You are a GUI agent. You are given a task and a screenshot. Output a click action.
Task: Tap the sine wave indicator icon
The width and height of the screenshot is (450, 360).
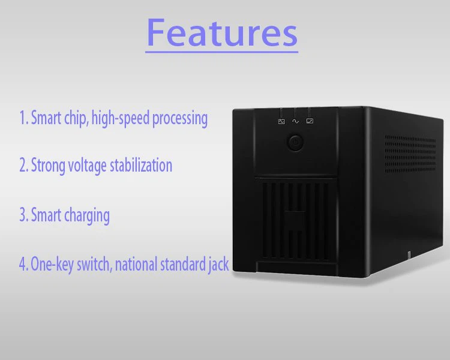[295, 121]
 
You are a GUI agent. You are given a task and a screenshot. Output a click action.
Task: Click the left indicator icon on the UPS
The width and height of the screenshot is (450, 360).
[281, 121]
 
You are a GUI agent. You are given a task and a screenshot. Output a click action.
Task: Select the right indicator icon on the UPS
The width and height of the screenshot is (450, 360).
[310, 121]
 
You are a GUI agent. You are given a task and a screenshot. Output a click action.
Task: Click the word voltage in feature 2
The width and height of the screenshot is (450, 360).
[88, 166]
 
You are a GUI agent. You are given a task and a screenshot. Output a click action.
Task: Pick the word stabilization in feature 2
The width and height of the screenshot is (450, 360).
[141, 166]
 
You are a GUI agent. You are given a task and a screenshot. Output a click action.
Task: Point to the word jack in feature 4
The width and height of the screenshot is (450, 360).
[218, 264]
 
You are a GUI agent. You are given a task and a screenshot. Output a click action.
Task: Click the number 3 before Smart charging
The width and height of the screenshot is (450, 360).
[23, 215]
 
